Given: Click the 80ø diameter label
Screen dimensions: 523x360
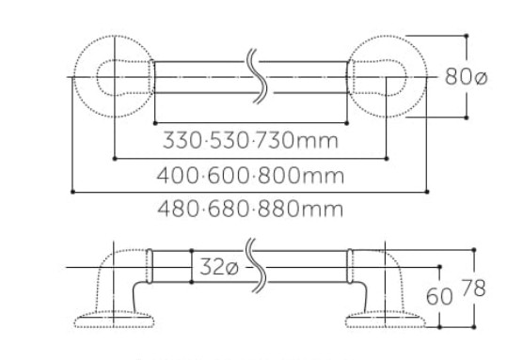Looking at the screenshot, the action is pyautogui.click(x=466, y=76).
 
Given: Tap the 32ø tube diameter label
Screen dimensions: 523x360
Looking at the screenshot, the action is pyautogui.click(x=219, y=267).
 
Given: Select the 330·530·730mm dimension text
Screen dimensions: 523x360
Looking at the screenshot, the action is pyautogui.click(x=250, y=140).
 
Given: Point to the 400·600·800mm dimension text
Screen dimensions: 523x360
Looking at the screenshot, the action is pyautogui.click(x=250, y=176).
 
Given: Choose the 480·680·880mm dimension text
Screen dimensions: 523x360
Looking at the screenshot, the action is pyautogui.click(x=250, y=209).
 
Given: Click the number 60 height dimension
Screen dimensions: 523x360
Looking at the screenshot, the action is pyautogui.click(x=439, y=296).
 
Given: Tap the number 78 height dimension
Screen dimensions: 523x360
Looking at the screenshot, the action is pyautogui.click(x=474, y=288).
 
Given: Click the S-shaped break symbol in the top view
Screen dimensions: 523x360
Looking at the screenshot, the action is pyautogui.click(x=257, y=76).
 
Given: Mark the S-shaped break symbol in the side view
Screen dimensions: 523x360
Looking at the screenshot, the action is pyautogui.click(x=256, y=266).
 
